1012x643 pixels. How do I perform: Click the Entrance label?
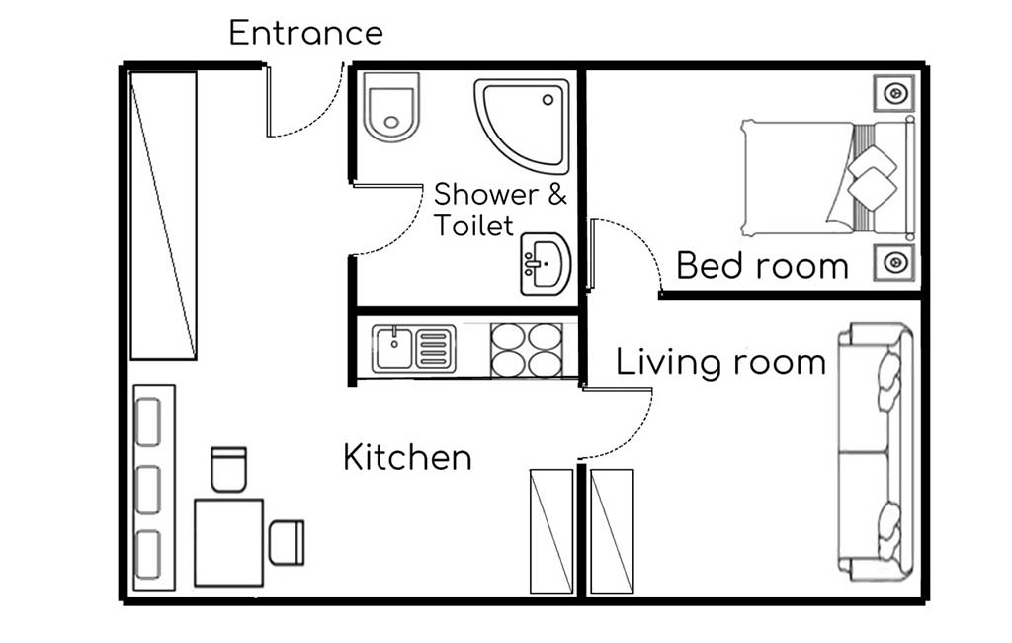(306, 33)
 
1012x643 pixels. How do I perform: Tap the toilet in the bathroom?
(390, 107)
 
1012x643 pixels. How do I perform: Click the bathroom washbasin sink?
(546, 264)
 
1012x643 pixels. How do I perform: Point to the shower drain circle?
(548, 100)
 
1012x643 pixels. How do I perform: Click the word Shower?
(486, 195)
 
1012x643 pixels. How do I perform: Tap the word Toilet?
(473, 226)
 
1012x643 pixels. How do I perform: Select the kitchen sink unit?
(414, 349)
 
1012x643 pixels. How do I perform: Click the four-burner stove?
(527, 350)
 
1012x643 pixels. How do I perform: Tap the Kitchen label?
(407, 458)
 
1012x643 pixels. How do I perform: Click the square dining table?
(228, 542)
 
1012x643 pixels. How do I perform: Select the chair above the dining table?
(228, 469)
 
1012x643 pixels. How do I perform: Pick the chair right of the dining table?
(286, 543)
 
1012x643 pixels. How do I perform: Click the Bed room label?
(762, 266)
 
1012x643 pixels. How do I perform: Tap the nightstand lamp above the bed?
(894, 94)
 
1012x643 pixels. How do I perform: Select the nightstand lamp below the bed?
(894, 262)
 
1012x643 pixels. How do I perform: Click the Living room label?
(720, 362)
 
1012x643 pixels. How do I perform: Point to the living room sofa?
(876, 452)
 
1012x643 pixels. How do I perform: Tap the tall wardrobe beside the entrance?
(163, 216)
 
